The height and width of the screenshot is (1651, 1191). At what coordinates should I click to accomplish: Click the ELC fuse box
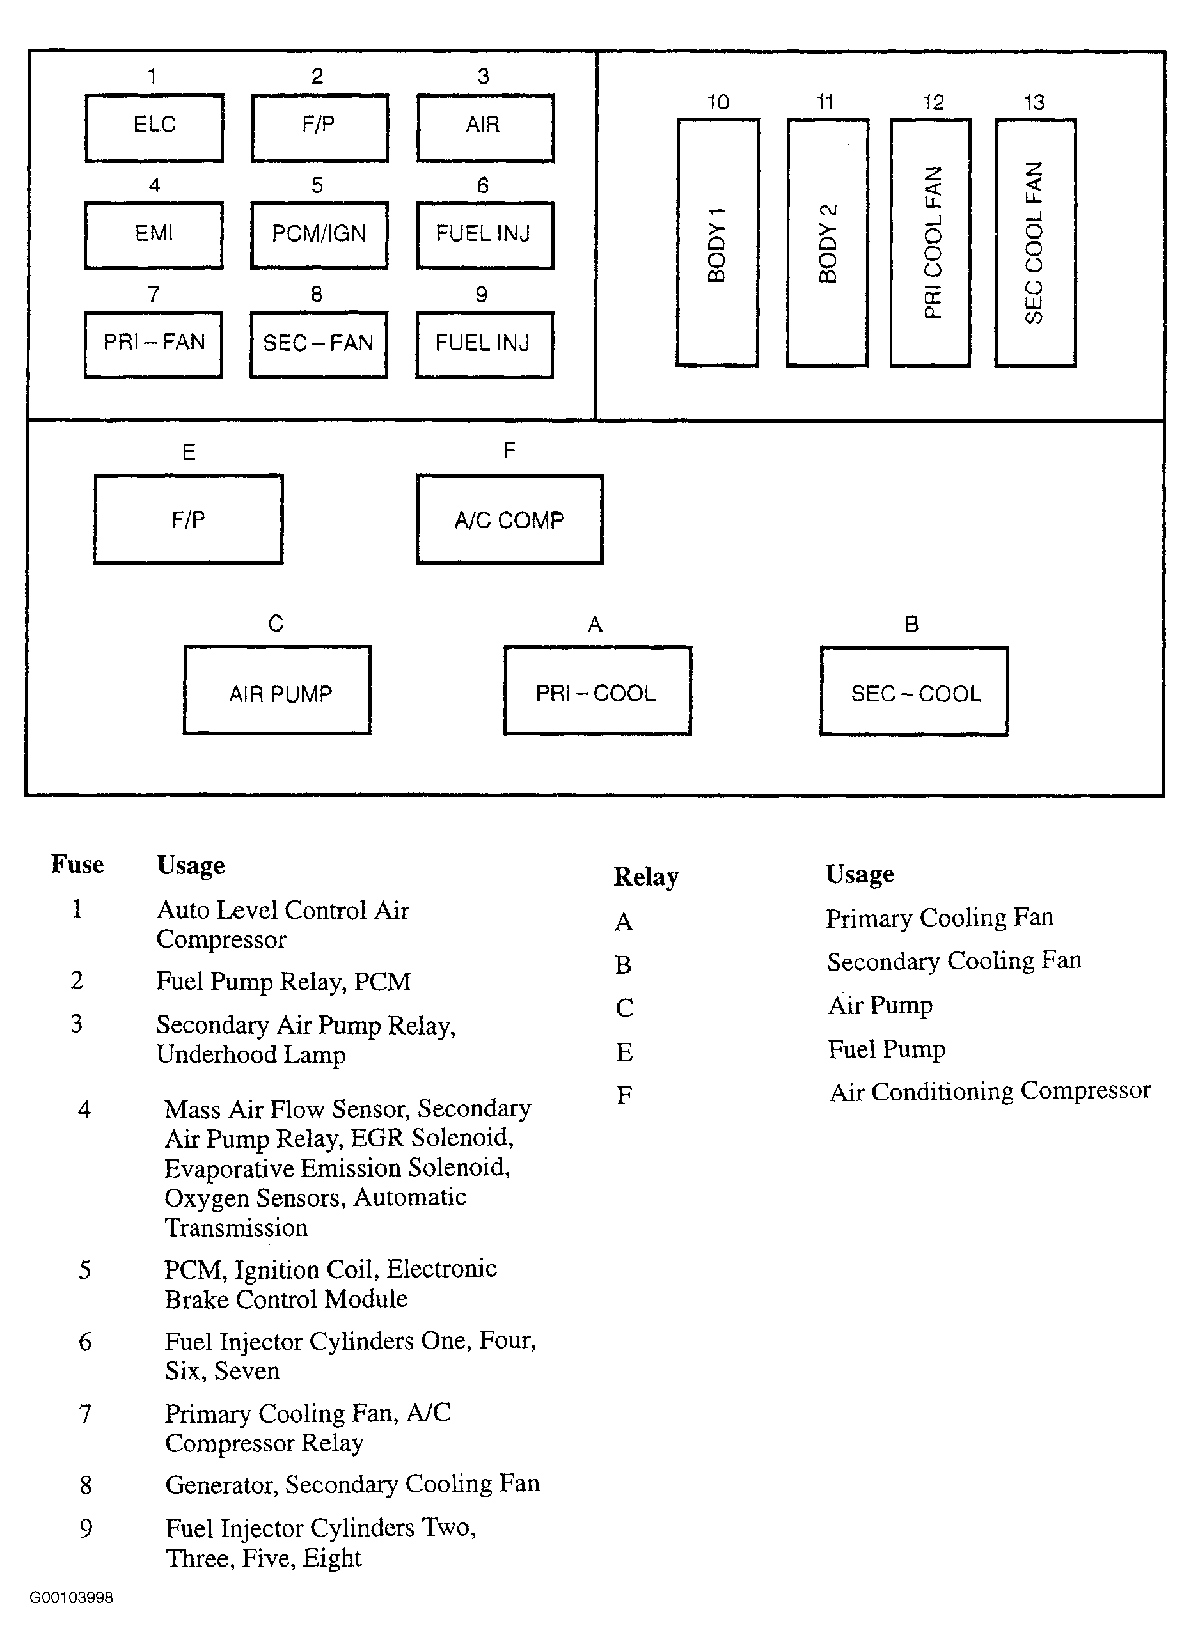154,127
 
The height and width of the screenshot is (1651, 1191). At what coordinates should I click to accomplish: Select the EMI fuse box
154,236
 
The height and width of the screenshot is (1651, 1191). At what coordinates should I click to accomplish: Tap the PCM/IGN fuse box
319,236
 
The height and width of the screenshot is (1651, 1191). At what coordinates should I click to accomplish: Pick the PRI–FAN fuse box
154,344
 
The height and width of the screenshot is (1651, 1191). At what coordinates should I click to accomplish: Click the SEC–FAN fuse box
319,344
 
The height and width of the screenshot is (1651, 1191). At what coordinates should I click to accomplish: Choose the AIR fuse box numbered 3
485,127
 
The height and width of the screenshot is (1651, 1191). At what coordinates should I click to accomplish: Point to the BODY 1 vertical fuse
718,242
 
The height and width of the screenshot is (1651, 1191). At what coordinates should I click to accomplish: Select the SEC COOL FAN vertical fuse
1035,242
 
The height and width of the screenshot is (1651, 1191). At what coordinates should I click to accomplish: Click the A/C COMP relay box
510,519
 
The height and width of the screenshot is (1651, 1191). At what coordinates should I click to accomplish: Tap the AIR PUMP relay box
278,690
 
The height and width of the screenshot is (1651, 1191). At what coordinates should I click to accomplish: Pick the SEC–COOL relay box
915,691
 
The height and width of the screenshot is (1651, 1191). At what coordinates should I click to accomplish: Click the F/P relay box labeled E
189,519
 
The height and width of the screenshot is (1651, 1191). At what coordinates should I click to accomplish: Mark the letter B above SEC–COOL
911,624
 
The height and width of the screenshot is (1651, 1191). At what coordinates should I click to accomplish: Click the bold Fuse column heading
77,864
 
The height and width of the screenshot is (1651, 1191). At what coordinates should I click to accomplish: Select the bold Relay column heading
647,877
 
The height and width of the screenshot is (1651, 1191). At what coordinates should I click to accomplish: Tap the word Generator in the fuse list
221,1484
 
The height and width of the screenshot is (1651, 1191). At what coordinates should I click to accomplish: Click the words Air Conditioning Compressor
990,1092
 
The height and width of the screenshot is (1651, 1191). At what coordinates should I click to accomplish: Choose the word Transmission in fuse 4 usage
237,1227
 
